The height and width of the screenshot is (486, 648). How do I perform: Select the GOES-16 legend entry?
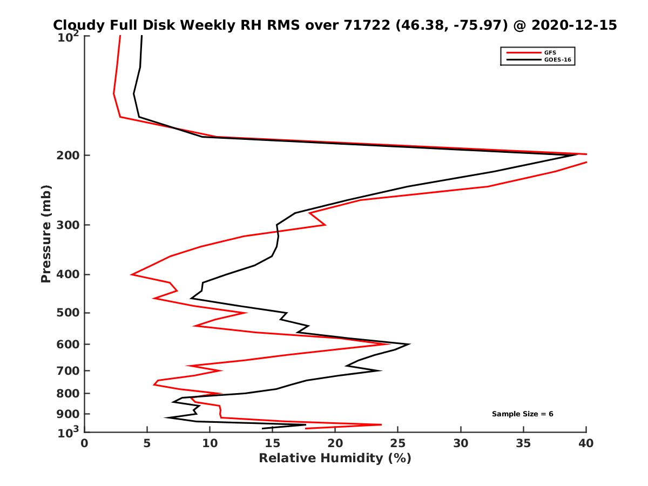pyautogui.click(x=556, y=60)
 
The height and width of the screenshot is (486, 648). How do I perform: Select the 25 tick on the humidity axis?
pyautogui.click(x=398, y=443)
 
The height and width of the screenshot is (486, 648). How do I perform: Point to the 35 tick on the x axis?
pyautogui.click(x=523, y=443)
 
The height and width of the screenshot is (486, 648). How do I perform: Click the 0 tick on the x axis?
pyautogui.click(x=85, y=443)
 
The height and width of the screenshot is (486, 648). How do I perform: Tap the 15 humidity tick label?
pyautogui.click(x=273, y=443)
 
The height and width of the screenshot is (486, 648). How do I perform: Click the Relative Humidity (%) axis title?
pyautogui.click(x=335, y=458)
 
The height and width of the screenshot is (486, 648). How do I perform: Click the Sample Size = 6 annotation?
pyautogui.click(x=522, y=414)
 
